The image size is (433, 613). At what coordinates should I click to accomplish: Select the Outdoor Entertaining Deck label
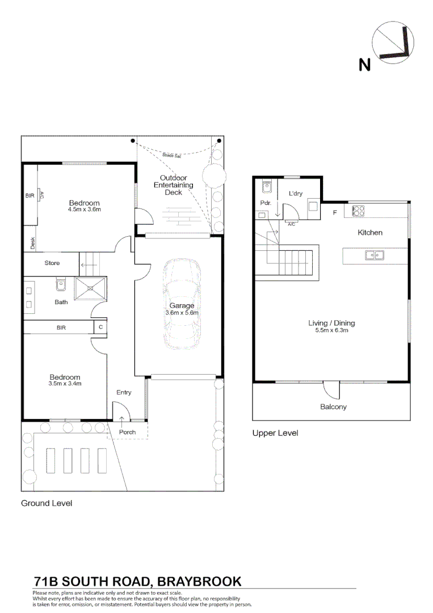174,186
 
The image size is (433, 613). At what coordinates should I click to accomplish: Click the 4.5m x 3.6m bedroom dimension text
85,209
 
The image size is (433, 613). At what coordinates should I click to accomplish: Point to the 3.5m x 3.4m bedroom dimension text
65,384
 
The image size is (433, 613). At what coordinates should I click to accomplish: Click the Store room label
52,263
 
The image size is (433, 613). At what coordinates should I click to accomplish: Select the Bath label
61,302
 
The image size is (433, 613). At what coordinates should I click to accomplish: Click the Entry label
124,392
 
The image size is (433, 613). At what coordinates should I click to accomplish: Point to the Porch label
127,432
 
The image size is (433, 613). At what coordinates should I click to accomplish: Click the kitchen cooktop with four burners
359,211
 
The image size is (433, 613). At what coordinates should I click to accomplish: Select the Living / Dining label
331,323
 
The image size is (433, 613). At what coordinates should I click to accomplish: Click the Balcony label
333,406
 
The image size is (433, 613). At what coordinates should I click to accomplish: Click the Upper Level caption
275,433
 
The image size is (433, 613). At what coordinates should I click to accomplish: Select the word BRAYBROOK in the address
199,581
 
